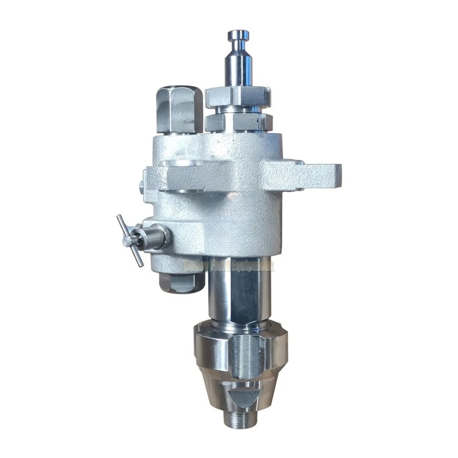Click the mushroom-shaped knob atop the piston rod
(x=238, y=35)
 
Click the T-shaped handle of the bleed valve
(x=130, y=240)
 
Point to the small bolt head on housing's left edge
(x=141, y=185)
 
